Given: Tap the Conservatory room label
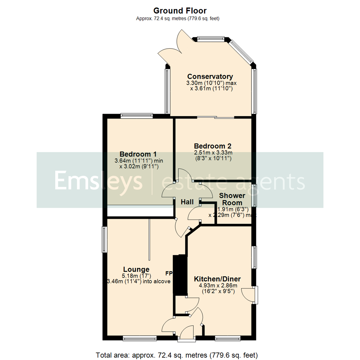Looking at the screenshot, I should (x=210, y=77).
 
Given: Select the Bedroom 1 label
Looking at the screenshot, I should (x=138, y=154).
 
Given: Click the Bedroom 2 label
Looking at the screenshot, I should (x=213, y=146).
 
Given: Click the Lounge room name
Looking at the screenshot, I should (x=136, y=269).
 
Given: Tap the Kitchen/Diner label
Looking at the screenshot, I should (x=218, y=279).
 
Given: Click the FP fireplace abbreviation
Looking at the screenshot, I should (x=169, y=273).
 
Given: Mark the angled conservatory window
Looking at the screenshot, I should (x=241, y=52).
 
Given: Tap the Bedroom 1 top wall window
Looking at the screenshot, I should (x=137, y=116).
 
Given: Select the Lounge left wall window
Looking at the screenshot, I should (x=104, y=239).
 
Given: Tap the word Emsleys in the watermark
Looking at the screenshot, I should (x=98, y=181).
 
